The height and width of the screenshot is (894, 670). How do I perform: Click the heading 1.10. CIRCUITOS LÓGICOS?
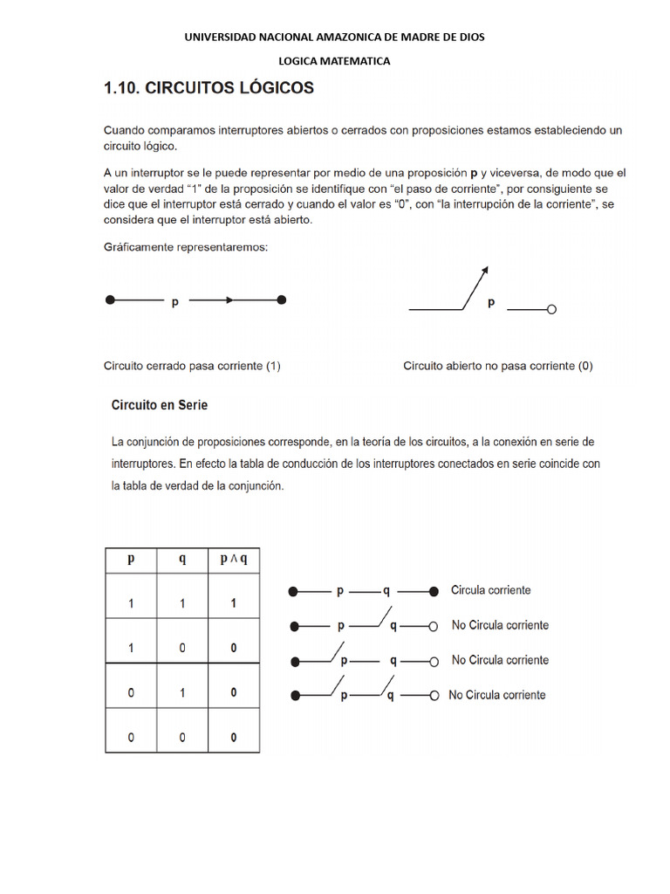(209, 88)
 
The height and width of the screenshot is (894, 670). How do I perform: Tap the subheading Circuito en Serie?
(159, 405)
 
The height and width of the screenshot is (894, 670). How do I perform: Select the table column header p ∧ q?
(233, 560)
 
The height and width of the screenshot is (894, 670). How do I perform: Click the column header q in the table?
(181, 560)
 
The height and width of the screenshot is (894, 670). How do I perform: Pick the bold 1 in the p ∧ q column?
(233, 602)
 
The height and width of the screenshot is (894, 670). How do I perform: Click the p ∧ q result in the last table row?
(233, 738)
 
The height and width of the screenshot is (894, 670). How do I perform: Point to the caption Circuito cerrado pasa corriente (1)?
(192, 367)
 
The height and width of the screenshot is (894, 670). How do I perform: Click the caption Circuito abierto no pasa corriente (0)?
(497, 367)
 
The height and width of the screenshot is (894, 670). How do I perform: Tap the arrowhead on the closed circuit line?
(228, 300)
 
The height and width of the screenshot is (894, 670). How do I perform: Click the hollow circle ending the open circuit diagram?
(550, 309)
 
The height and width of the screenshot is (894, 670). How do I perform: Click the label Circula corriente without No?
(490, 590)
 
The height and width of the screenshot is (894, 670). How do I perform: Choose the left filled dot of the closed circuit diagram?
(110, 300)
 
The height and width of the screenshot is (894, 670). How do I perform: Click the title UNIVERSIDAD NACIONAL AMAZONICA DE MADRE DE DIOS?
(334, 37)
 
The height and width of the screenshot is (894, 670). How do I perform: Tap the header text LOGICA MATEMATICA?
(334, 61)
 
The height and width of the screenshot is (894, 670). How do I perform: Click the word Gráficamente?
(136, 247)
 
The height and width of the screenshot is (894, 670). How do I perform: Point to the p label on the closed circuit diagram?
(175, 302)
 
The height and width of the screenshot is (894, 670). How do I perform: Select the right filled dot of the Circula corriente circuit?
(434, 592)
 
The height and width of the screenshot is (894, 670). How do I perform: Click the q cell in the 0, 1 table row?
(181, 692)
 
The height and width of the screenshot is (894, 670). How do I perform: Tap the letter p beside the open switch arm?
(490, 303)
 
